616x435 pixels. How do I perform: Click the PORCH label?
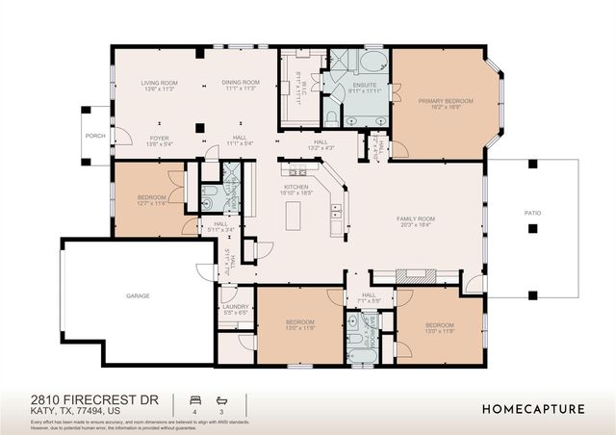pos(94,136)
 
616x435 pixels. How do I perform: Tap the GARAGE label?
pos(138,296)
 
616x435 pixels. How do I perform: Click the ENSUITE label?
pos(364,87)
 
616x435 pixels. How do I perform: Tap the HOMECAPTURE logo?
pos(532,409)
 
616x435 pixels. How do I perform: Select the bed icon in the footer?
pos(194,397)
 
